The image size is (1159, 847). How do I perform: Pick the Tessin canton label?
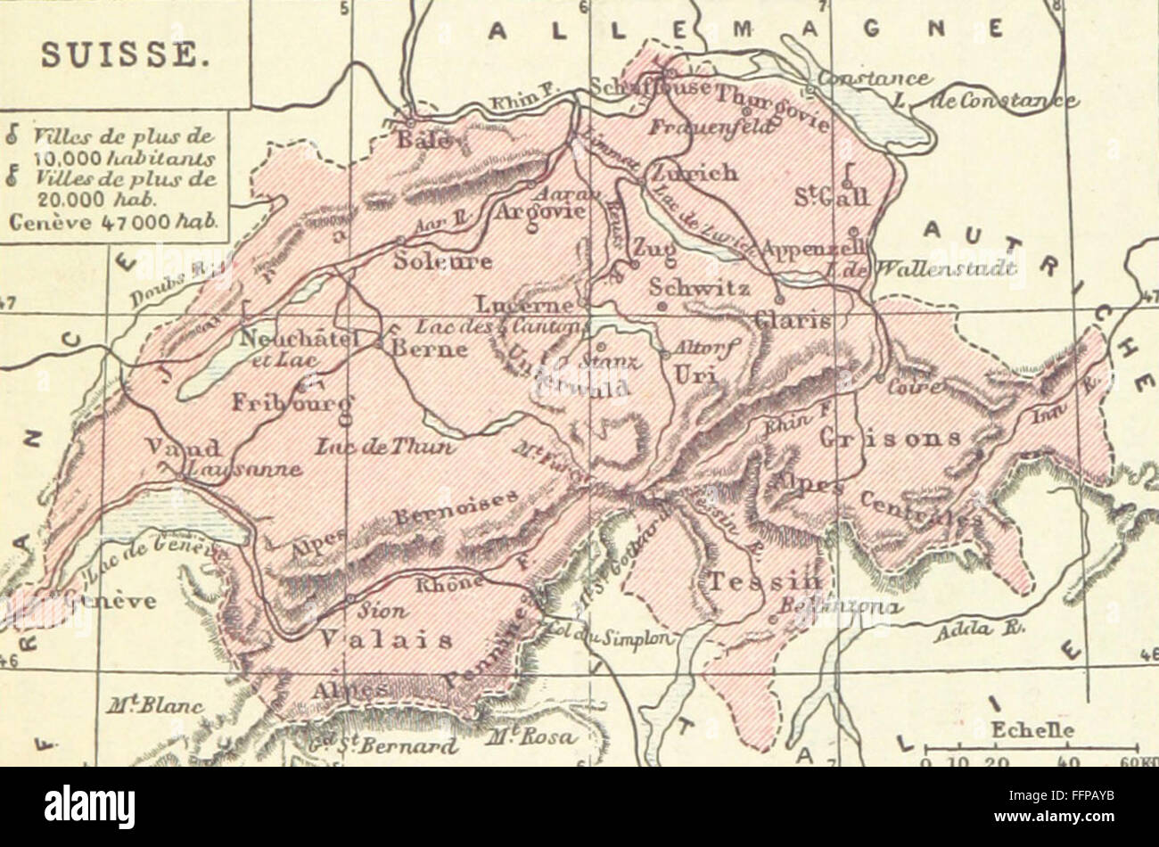click(x=765, y=580)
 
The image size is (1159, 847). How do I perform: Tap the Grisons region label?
click(x=891, y=439)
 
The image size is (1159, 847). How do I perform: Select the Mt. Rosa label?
click(x=533, y=738)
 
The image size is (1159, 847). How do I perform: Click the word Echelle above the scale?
click(x=1032, y=731)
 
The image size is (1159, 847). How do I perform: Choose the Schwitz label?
click(x=699, y=287)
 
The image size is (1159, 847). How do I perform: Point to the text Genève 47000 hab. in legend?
click(x=113, y=222)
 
